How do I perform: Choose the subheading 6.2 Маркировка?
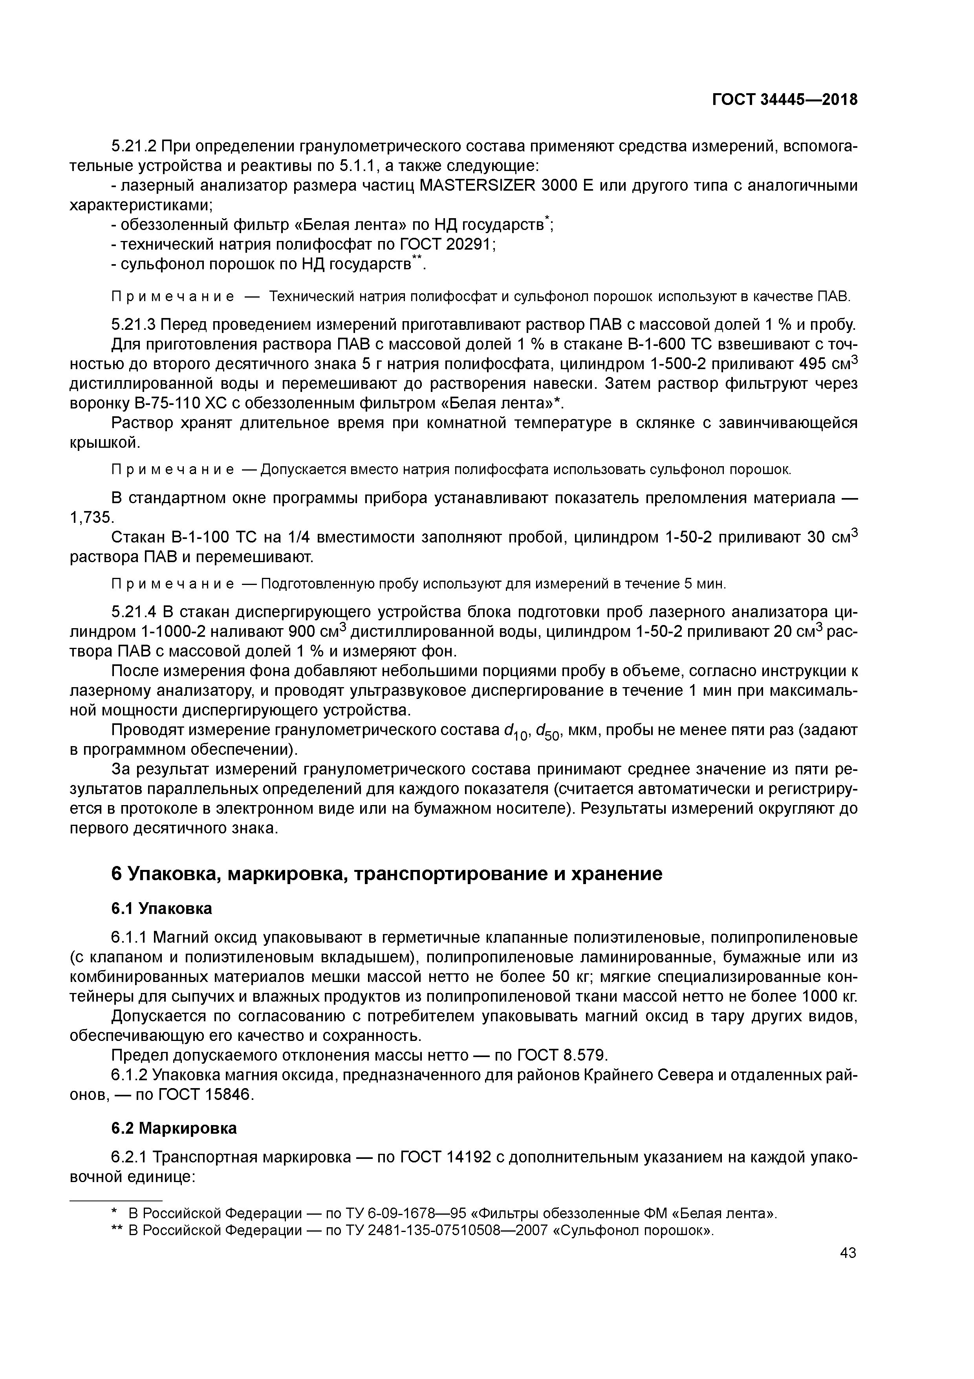point(174,1129)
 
